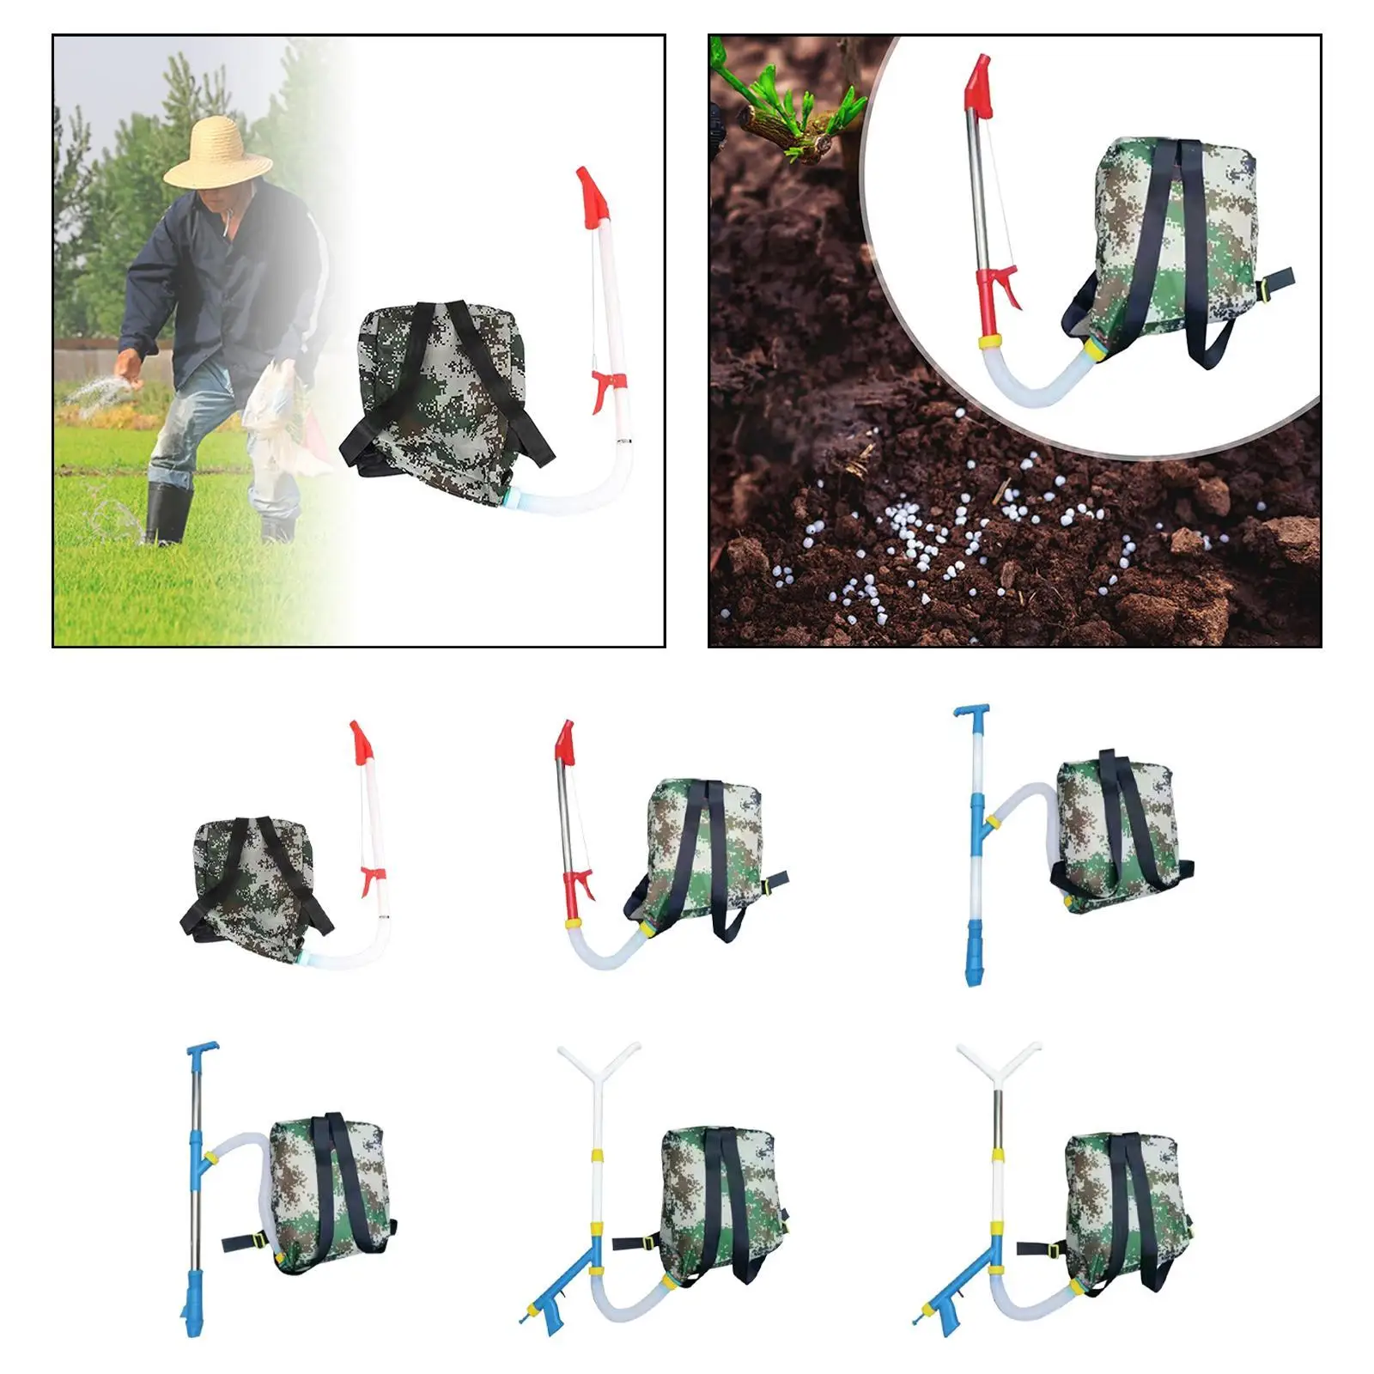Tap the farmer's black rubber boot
[167, 513]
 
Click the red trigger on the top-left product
[372, 879]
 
